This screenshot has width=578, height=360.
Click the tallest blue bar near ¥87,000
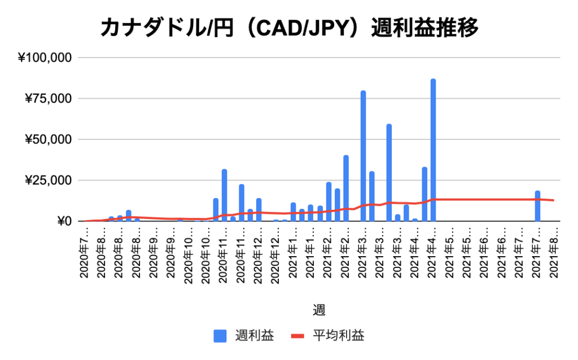tap(433, 150)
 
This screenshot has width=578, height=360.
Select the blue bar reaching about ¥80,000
tap(363, 155)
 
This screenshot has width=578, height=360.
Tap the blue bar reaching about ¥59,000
tap(389, 172)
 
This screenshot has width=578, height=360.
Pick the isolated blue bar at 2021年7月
tap(537, 206)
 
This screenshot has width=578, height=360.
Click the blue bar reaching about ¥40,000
tap(345, 188)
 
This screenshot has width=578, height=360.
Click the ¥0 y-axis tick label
tap(63, 221)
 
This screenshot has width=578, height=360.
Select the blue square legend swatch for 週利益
tap(220, 336)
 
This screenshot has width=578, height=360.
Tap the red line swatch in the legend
tap(297, 336)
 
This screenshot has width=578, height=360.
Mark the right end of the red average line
tap(554, 200)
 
